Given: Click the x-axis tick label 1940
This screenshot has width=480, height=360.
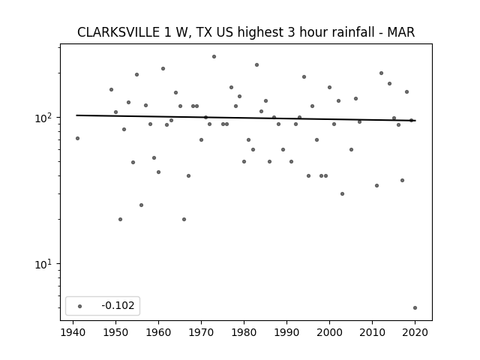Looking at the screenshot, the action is (x=73, y=332).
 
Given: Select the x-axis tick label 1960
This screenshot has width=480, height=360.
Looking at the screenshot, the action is (x=158, y=332).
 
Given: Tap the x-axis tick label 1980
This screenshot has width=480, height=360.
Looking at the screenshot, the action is (x=244, y=332).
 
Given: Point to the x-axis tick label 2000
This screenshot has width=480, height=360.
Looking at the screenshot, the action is (x=329, y=332).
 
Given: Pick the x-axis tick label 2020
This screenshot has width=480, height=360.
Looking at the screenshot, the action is (x=415, y=332).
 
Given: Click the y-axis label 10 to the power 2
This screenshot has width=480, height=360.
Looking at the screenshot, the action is (x=45, y=118).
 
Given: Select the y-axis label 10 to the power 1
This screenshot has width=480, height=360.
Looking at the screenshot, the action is (x=45, y=264).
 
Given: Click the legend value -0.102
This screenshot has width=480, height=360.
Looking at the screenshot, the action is (x=118, y=305).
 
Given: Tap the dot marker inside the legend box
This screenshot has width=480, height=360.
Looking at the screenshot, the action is (x=80, y=306).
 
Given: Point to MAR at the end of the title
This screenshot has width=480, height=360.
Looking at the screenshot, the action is (x=401, y=32).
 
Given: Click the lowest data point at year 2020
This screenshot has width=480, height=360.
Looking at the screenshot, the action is (x=415, y=308).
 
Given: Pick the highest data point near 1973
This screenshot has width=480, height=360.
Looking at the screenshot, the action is (x=214, y=57).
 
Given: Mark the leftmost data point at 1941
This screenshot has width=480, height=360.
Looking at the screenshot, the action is (x=77, y=138).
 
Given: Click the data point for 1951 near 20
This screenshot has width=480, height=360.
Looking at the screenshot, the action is (x=120, y=220).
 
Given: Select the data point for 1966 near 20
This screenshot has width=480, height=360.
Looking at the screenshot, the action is (x=184, y=220).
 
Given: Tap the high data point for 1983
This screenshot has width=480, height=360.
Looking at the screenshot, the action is (x=256, y=65).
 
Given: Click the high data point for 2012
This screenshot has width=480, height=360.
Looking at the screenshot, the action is (x=381, y=73).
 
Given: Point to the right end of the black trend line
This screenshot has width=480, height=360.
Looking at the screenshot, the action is (x=415, y=121).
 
